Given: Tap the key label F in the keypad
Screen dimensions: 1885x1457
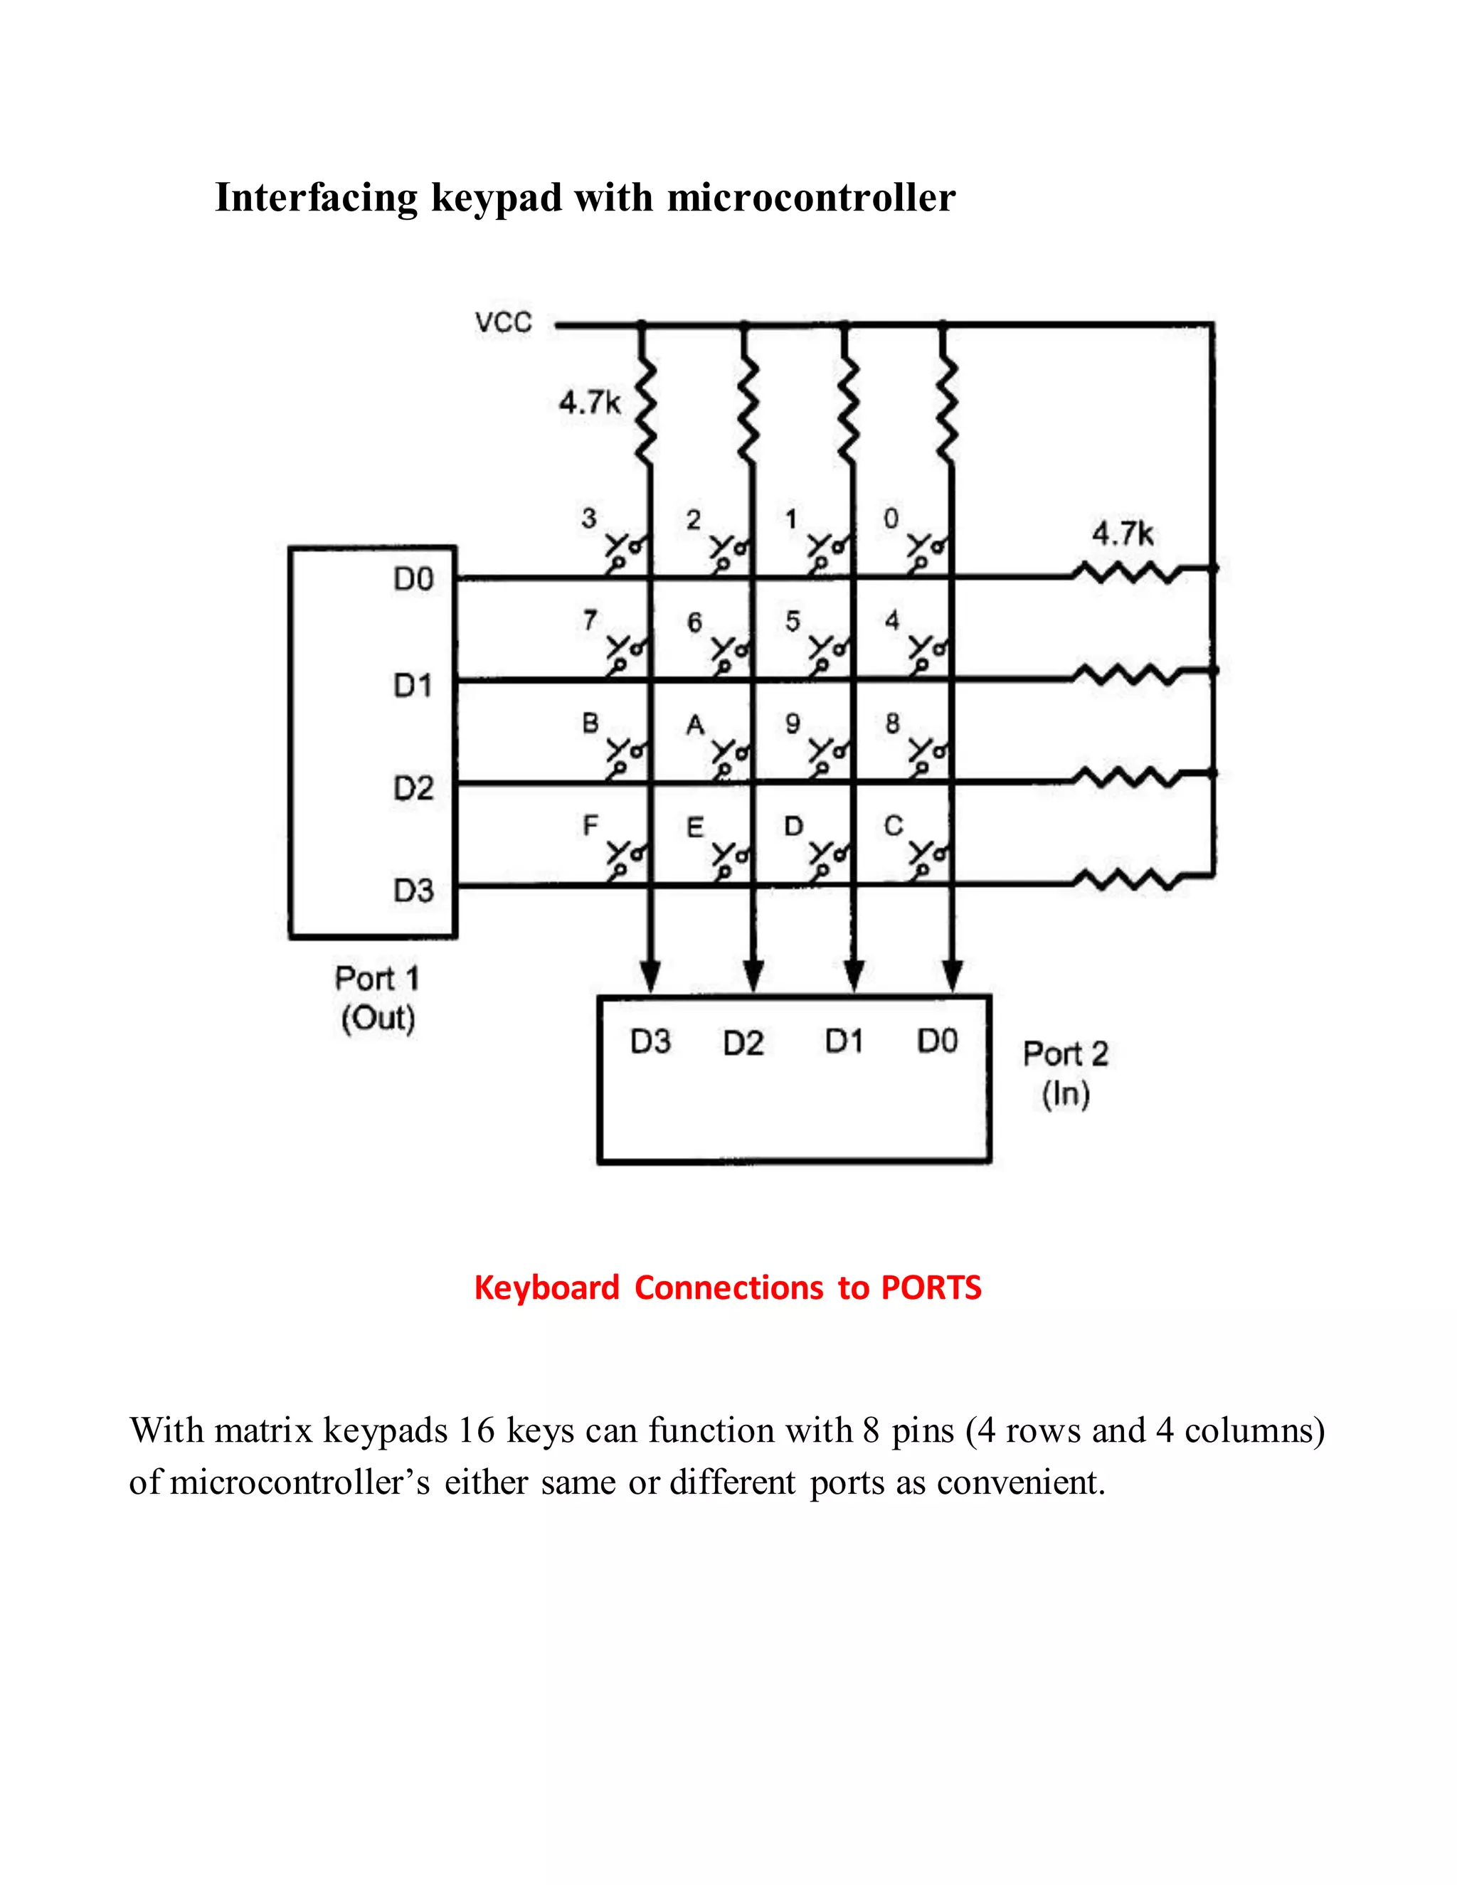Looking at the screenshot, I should (590, 826).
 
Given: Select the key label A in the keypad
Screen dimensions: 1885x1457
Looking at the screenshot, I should (695, 725).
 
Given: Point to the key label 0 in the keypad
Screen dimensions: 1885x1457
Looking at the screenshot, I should (891, 519).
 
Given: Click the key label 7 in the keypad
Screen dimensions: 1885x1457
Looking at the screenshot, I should (590, 620).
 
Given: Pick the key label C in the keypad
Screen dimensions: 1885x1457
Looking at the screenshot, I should (893, 826).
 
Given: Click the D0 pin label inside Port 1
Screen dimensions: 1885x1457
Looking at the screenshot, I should (413, 579).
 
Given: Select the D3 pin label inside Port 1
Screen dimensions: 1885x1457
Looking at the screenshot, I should (413, 890).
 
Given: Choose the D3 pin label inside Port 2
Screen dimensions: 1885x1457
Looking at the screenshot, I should (650, 1042).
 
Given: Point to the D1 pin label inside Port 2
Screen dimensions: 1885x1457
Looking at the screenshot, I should (843, 1042).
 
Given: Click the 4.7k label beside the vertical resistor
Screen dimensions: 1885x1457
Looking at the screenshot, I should (590, 402).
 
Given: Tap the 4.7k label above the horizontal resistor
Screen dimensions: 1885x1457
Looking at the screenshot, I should (1122, 533).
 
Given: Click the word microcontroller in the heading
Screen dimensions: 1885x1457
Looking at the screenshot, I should (811, 198).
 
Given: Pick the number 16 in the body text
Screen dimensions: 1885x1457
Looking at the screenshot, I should (476, 1431).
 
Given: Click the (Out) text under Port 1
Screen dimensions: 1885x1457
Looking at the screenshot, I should (378, 1019).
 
